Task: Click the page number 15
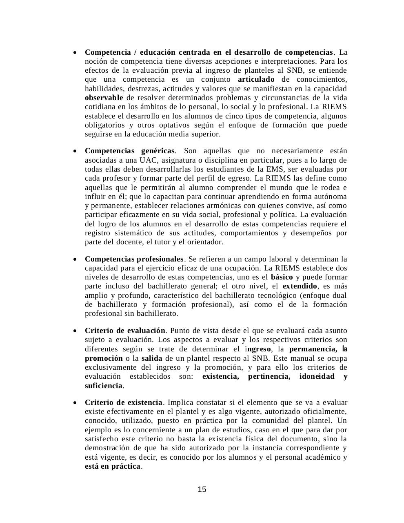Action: pos(202,489)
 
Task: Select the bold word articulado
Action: pos(256,79)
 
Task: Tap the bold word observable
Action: pos(104,98)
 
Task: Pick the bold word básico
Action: pos(282,277)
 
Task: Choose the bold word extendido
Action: pos(300,286)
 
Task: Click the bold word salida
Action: pos(152,358)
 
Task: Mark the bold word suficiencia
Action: pos(104,386)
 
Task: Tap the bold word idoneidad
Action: pos(317,376)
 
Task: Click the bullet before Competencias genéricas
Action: pos(75,152)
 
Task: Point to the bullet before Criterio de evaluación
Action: pos(75,331)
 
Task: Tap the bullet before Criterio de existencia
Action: pos(75,403)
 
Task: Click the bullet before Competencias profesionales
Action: pos(75,259)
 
